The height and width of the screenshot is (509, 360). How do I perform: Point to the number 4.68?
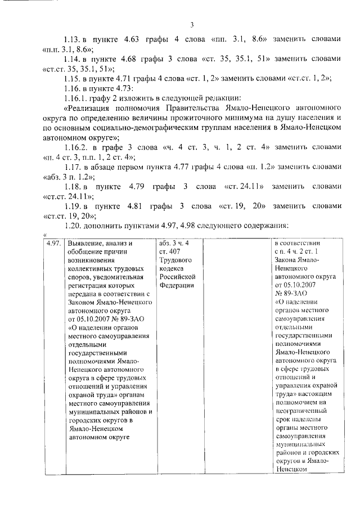point(136,58)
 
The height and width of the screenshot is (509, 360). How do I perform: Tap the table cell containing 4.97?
point(53,244)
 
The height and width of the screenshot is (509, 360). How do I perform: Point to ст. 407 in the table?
point(169,253)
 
